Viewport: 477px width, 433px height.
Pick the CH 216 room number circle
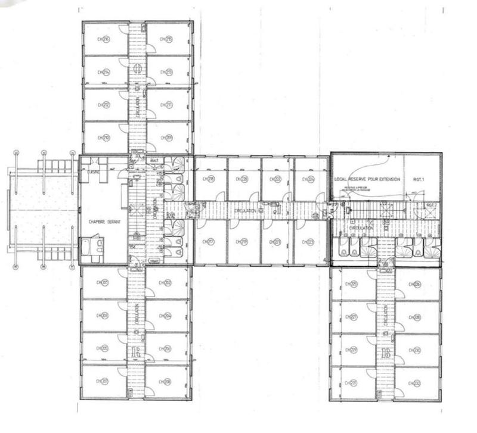(x=106, y=40)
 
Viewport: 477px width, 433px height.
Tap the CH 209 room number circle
(x=170, y=138)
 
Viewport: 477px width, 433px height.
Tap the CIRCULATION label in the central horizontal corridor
(x=245, y=210)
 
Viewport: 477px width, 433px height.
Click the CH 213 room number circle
(x=170, y=73)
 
